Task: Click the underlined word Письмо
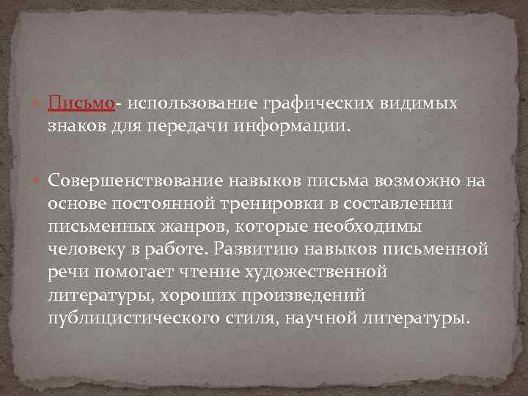(x=81, y=104)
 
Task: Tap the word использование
(x=173, y=104)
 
